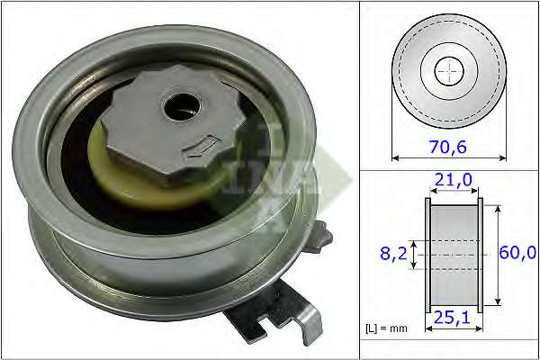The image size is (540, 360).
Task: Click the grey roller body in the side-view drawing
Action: (453, 255)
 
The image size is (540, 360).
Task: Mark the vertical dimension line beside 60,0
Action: (497, 255)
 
